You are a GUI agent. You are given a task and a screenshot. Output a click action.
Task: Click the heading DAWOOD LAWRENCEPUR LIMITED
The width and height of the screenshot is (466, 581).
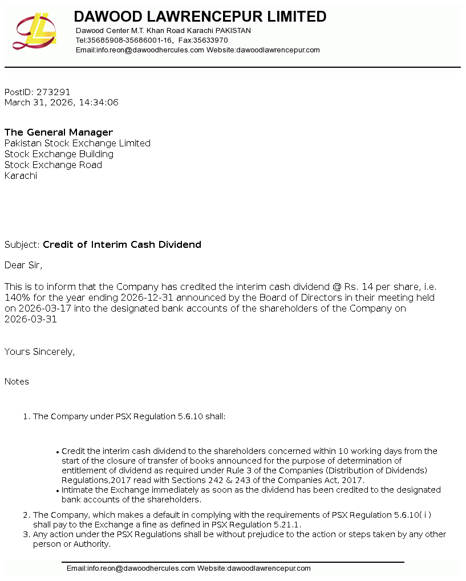point(200,17)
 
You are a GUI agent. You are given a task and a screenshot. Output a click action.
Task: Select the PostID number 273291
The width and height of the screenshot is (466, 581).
point(53,92)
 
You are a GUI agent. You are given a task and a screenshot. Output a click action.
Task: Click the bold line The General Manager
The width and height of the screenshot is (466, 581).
point(59,132)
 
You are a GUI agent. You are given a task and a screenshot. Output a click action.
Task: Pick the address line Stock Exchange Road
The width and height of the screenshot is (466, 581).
point(53,165)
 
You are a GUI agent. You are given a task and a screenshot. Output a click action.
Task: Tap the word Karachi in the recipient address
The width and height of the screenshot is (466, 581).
point(21,175)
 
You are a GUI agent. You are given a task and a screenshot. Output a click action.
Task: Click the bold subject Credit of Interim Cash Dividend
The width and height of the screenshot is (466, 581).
point(122,244)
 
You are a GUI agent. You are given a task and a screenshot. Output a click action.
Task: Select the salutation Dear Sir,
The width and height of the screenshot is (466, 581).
point(23,265)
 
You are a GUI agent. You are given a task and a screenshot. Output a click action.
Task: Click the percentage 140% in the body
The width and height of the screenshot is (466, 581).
point(16,297)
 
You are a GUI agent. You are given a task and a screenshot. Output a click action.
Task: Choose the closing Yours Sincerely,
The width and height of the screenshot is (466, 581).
point(39,351)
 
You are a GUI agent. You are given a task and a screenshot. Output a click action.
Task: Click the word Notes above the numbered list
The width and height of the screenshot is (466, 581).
point(17,382)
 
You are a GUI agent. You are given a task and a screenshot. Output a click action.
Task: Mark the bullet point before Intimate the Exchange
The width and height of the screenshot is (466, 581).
point(58,490)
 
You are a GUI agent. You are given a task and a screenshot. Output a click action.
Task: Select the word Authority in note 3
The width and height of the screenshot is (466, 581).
point(91,544)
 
